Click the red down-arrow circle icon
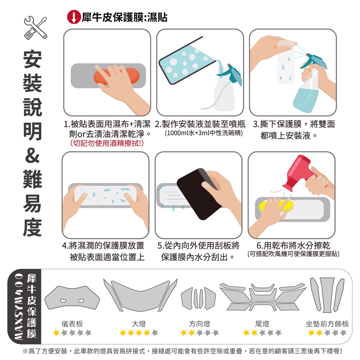tap(74, 17)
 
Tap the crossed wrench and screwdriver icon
tap(36, 27)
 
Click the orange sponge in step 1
tap(116, 76)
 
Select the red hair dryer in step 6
tap(300, 173)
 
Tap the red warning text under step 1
tap(107, 143)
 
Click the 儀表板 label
tap(72, 324)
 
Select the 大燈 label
tap(139, 324)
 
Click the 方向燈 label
tap(200, 324)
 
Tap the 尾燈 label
tap(262, 324)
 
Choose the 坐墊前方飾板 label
tap(327, 324)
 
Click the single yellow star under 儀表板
tap(56, 333)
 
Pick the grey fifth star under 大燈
tap(155, 333)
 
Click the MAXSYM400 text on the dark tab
tap(18, 306)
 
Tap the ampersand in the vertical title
tap(32, 155)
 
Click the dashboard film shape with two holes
tap(72, 298)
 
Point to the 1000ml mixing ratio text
tap(204, 133)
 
